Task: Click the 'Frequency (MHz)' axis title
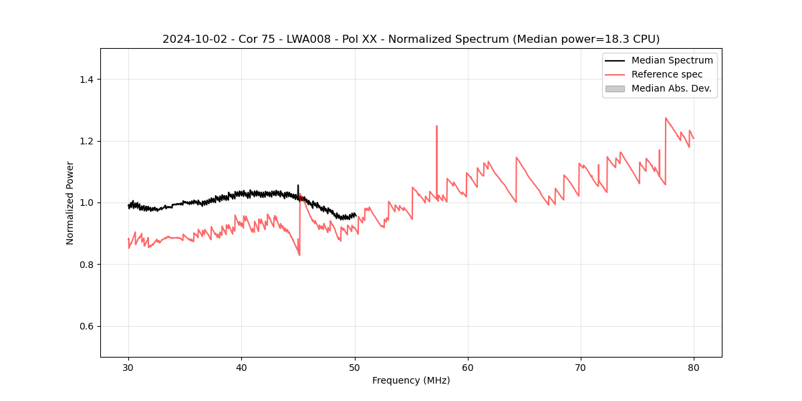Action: click(x=411, y=380)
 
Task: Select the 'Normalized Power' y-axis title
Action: click(x=70, y=203)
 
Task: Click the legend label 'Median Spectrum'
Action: click(x=672, y=60)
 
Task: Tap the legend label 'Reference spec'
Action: click(x=667, y=74)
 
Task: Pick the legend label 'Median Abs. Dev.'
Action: click(x=671, y=88)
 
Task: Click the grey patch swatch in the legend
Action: click(x=615, y=88)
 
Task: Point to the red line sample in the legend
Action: click(x=615, y=74)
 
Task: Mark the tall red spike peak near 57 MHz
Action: click(x=436, y=126)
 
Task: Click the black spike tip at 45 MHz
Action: click(x=298, y=185)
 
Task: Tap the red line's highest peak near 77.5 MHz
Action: click(x=666, y=118)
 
